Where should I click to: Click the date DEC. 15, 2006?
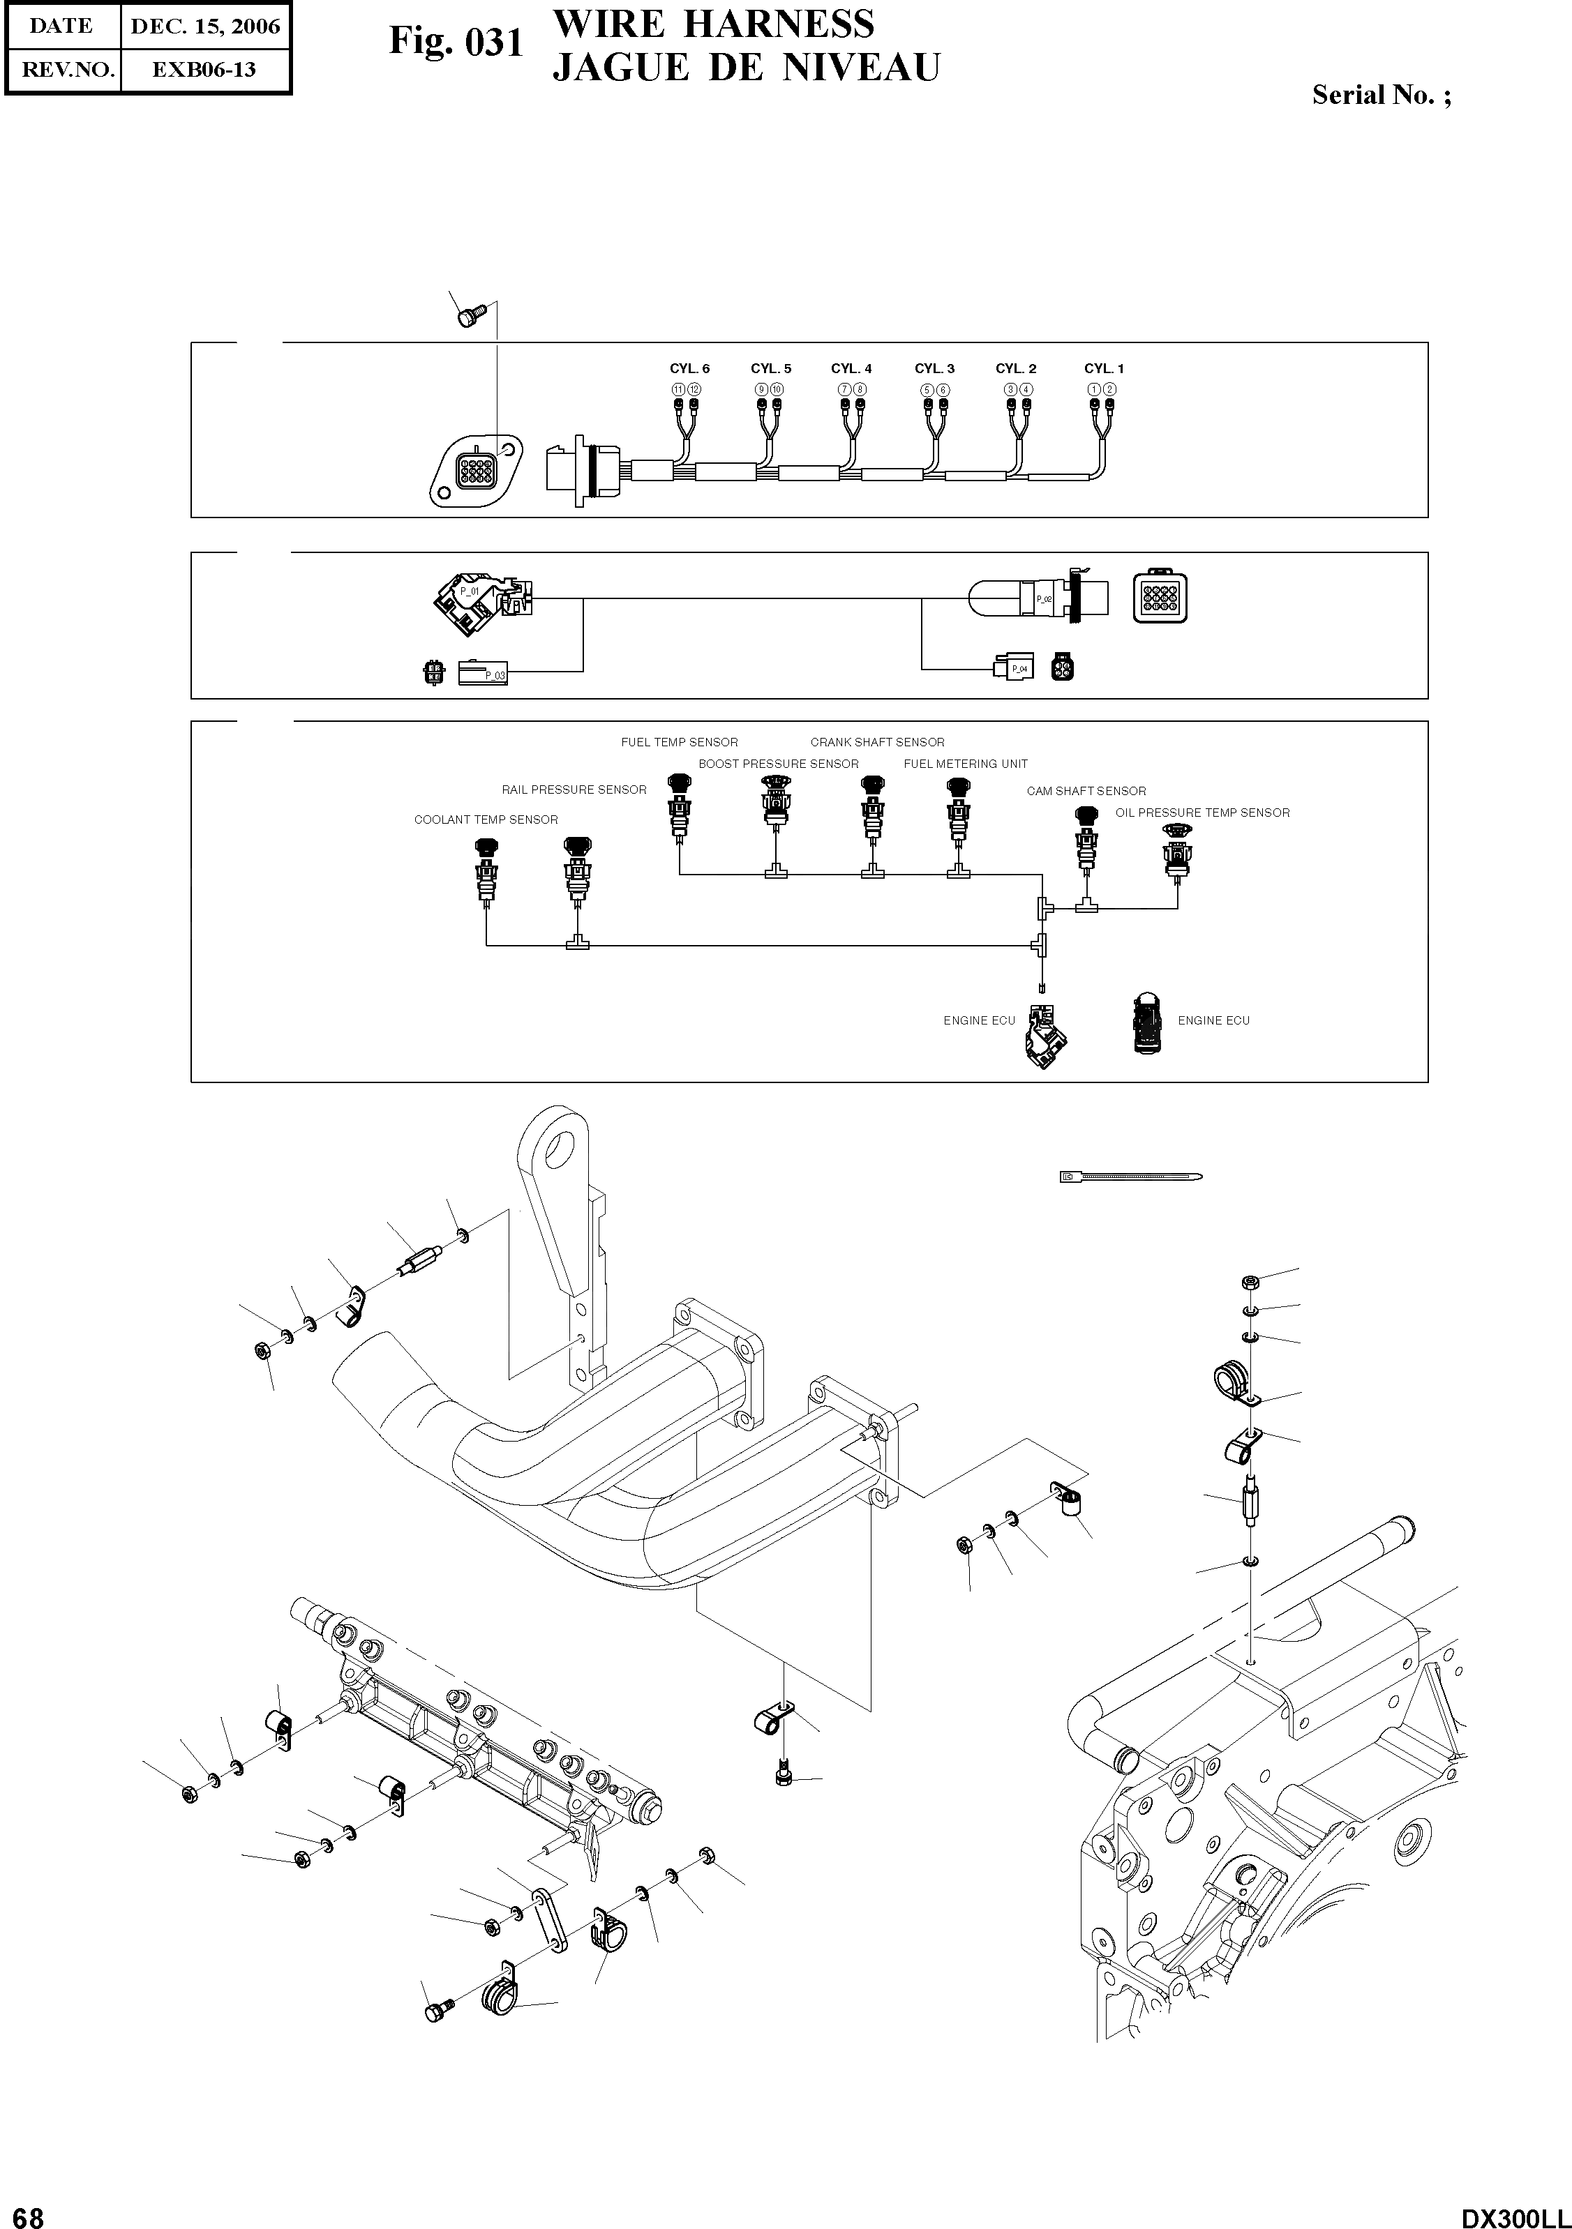pyautogui.click(x=205, y=27)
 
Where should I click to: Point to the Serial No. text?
pyautogui.click(x=1381, y=95)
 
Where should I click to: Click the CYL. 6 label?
pyautogui.click(x=689, y=369)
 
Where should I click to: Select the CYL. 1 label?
pyautogui.click(x=1104, y=369)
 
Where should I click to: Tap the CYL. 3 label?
pyautogui.click(x=934, y=369)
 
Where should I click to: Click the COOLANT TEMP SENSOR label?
pyautogui.click(x=486, y=820)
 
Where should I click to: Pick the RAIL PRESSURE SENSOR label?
pyautogui.click(x=574, y=790)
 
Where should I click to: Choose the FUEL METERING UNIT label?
pyautogui.click(x=965, y=764)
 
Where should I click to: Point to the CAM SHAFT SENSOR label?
pyautogui.click(x=1086, y=791)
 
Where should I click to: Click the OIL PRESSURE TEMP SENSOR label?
pyautogui.click(x=1202, y=813)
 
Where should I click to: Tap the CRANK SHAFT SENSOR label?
pyautogui.click(x=877, y=743)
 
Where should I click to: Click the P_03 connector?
pyautogui.click(x=483, y=672)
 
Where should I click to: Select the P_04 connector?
pyautogui.click(x=1015, y=668)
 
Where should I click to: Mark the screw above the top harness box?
pyautogui.click(x=470, y=315)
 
